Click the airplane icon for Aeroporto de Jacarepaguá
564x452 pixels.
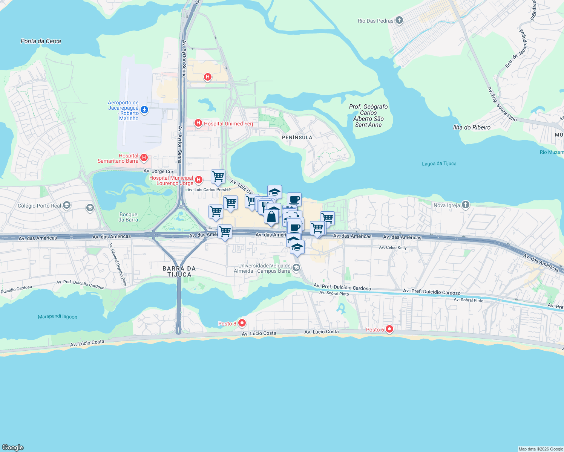click(x=144, y=110)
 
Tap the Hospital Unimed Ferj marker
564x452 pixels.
click(x=198, y=123)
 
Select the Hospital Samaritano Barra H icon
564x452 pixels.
click(x=144, y=157)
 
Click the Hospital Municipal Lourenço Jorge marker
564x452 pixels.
click(x=199, y=180)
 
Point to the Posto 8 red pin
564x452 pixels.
click(x=242, y=323)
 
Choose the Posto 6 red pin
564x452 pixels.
click(x=389, y=330)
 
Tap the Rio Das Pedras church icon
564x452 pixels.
click(x=399, y=21)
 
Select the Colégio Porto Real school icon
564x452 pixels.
click(x=67, y=205)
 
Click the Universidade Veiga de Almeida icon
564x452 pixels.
click(x=296, y=268)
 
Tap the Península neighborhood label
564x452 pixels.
click(x=297, y=137)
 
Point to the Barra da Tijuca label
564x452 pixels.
click(x=179, y=272)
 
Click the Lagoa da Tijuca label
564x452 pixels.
click(x=439, y=163)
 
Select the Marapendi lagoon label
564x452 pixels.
click(x=58, y=317)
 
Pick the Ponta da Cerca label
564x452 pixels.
click(x=41, y=41)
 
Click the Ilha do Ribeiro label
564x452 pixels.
click(x=472, y=127)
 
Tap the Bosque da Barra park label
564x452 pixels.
click(x=128, y=217)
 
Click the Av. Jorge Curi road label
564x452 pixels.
click(x=159, y=171)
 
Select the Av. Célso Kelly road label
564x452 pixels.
click(x=393, y=247)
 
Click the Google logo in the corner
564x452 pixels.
click(x=13, y=447)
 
